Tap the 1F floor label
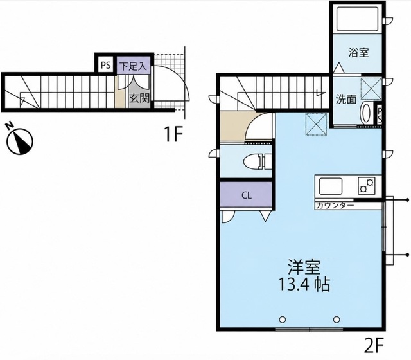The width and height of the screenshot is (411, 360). (173, 134)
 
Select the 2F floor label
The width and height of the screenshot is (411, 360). (374, 346)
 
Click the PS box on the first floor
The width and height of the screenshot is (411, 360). (105, 65)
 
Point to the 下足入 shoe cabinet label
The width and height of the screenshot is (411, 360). (133, 66)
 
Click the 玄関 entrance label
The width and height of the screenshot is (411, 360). (139, 98)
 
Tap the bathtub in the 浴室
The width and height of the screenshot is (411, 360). (357, 19)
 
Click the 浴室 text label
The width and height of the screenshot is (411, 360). (358, 53)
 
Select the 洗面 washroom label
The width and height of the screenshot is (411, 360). (346, 100)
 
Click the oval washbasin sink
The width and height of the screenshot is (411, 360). (366, 113)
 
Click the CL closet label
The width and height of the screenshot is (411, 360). (247, 195)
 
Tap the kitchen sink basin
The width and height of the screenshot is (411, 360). (330, 186)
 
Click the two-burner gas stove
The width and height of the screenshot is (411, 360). (367, 185)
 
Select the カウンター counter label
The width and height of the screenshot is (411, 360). (335, 205)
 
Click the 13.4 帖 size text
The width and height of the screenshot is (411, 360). (304, 284)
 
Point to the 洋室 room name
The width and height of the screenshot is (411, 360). (304, 267)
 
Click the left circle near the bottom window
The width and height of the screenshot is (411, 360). (283, 319)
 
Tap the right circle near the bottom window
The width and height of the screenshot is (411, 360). (337, 319)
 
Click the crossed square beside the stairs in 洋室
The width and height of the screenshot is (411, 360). (317, 124)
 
